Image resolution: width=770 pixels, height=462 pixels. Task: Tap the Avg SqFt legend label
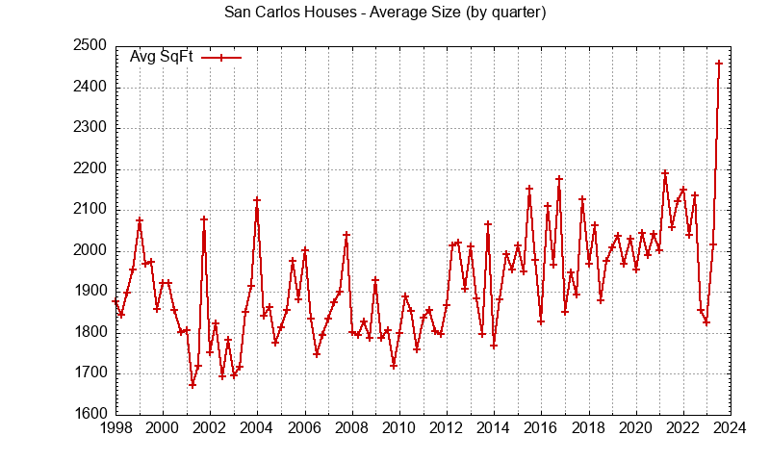pos(162,57)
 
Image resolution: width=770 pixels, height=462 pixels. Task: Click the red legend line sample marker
pos(221,57)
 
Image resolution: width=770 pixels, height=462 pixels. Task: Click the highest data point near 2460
pos(719,64)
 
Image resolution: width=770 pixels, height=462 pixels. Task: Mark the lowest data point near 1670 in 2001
pos(192,385)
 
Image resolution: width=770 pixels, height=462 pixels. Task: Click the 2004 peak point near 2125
pos(257,200)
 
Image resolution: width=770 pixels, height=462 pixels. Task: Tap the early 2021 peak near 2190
pos(665,173)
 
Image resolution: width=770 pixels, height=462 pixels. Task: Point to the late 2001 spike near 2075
pos(204,219)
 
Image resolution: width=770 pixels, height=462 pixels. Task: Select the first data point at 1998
pos(115,301)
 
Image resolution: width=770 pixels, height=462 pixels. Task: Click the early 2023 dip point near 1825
pos(706,322)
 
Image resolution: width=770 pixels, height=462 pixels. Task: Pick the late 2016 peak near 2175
pos(558,179)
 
